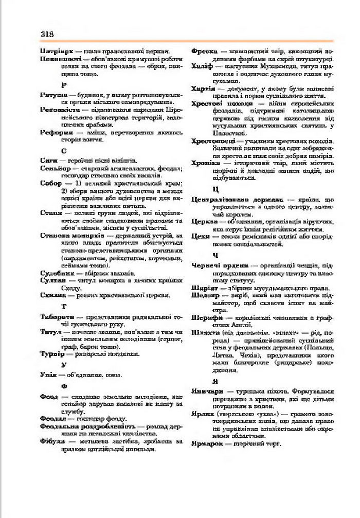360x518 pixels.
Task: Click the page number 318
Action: pos(47,34)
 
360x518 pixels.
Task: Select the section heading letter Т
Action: pos(64,307)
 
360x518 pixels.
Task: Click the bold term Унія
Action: pos(49,374)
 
